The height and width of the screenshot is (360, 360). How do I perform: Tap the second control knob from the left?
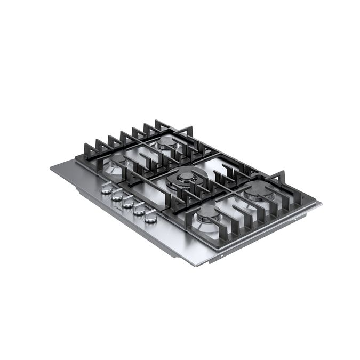pyautogui.click(x=117, y=195)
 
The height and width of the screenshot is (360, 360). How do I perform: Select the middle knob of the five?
pyautogui.click(x=128, y=202)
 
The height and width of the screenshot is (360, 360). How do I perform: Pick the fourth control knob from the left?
pyautogui.click(x=139, y=210)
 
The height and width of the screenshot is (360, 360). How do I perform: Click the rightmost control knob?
pyautogui.click(x=151, y=217)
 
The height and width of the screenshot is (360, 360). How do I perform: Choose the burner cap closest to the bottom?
pyautogui.click(x=207, y=213)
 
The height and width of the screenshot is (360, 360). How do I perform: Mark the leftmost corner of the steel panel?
pyautogui.click(x=51, y=168)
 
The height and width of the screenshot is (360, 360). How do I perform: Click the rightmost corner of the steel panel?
pyautogui.click(x=321, y=203)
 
